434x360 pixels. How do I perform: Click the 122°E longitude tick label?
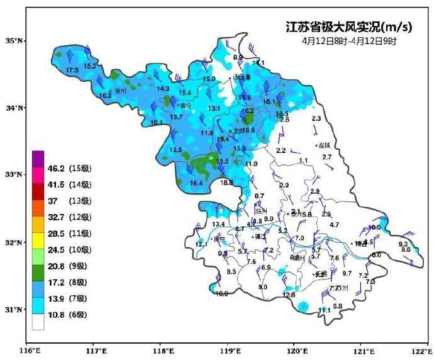click(x=421, y=350)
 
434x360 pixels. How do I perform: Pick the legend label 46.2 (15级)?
click(x=70, y=169)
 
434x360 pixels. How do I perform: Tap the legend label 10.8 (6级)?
click(x=70, y=315)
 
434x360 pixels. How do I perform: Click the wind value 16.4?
click(x=196, y=183)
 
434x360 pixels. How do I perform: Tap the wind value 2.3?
click(x=316, y=118)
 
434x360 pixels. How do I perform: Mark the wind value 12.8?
click(x=289, y=295)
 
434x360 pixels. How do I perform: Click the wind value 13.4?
click(x=218, y=224)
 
